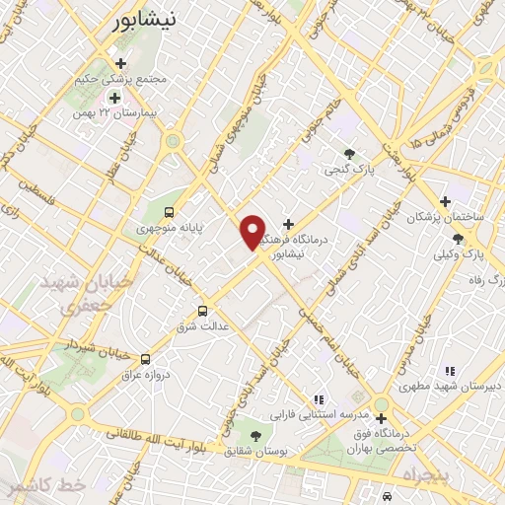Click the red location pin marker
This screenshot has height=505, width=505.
[252, 232]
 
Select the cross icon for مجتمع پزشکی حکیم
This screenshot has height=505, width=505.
[120, 63]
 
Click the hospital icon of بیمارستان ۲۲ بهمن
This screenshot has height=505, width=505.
[114, 98]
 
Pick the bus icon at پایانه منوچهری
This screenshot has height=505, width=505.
[169, 211]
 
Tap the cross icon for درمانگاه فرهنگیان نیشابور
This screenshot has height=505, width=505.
[288, 224]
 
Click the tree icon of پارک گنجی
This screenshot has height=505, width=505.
[349, 153]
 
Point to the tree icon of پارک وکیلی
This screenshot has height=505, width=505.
[458, 239]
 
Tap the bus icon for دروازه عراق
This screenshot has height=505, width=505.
[145, 359]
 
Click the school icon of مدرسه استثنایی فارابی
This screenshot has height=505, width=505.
[318, 399]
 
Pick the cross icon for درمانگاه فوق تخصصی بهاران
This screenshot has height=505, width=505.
[381, 418]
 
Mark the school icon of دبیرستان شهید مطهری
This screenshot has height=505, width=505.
[450, 371]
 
